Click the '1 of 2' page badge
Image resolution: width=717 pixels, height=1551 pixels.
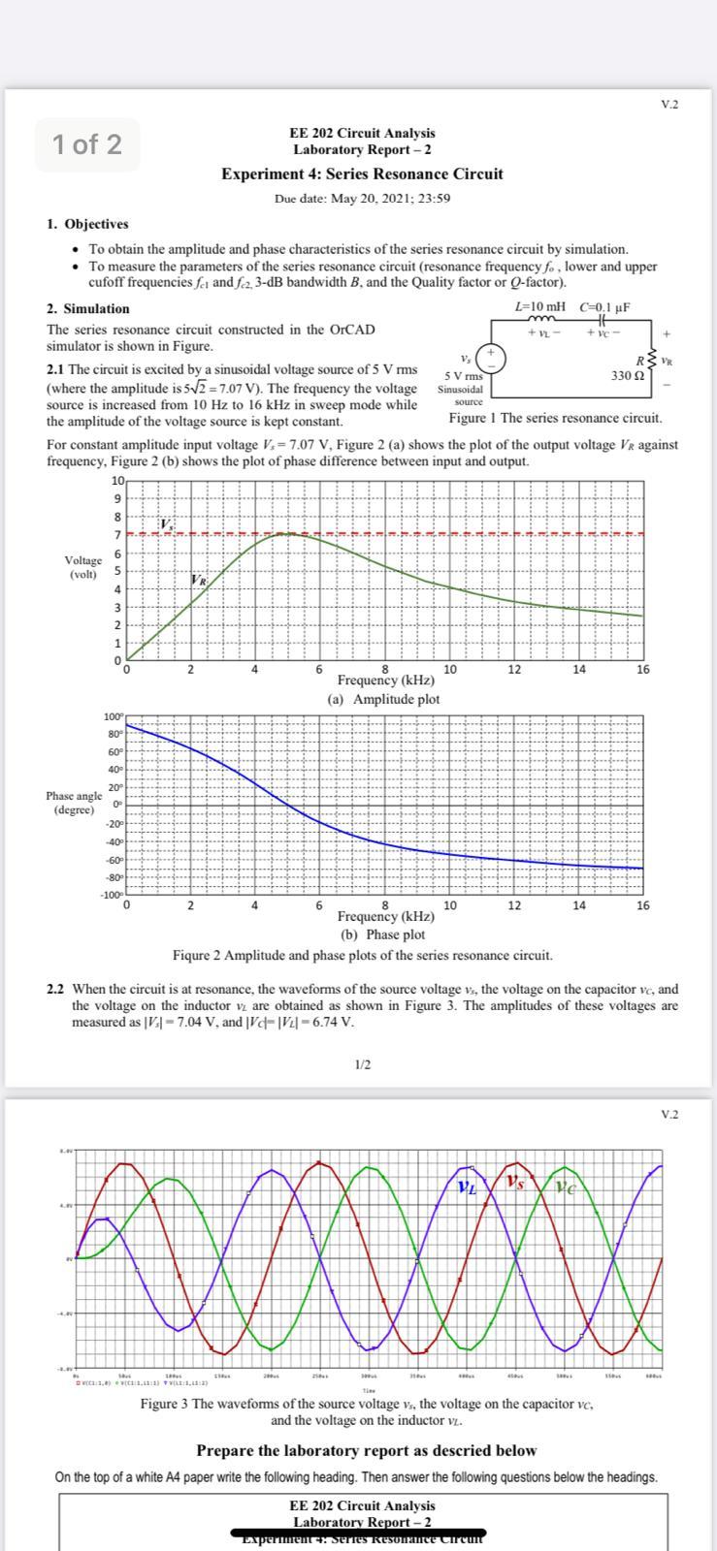[87, 144]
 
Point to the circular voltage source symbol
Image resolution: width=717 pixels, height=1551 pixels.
[492, 355]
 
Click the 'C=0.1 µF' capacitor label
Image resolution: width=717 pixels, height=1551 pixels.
[604, 307]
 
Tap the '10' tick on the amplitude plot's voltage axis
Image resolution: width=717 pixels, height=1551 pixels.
[118, 481]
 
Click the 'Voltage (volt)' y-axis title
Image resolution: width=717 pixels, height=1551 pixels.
[83, 567]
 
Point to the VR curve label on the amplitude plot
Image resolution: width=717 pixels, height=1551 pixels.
[198, 580]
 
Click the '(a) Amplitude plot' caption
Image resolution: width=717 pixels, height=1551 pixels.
[383, 699]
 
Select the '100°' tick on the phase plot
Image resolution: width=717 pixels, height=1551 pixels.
[114, 716]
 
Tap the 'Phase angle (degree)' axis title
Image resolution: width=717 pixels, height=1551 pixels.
[74, 803]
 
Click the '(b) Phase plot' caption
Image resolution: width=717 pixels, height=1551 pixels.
[382, 935]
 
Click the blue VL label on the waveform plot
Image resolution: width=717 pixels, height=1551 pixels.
[467, 1185]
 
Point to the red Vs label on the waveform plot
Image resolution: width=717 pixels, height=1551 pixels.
[514, 1183]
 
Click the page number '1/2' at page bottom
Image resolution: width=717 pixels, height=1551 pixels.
[362, 1065]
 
